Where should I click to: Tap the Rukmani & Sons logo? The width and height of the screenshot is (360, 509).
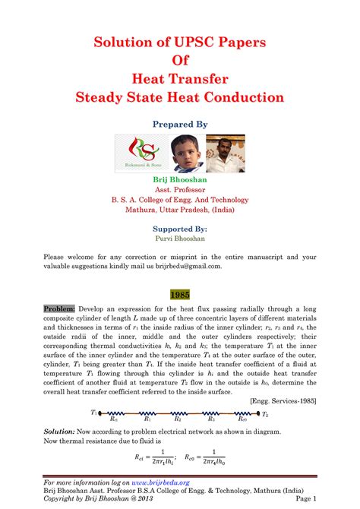[157, 153]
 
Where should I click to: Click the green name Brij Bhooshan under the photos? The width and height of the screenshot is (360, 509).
[179, 179]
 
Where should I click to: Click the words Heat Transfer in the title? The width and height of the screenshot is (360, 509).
[179, 78]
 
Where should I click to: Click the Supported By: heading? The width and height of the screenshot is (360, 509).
[179, 227]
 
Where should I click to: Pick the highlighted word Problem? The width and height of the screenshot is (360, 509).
[59, 309]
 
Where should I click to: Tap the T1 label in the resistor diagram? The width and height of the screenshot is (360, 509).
[94, 413]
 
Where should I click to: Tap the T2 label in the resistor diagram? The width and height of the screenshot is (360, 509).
[265, 414]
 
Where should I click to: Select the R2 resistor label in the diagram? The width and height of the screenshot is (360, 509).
[178, 419]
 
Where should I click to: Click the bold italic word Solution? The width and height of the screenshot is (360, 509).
[63, 431]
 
